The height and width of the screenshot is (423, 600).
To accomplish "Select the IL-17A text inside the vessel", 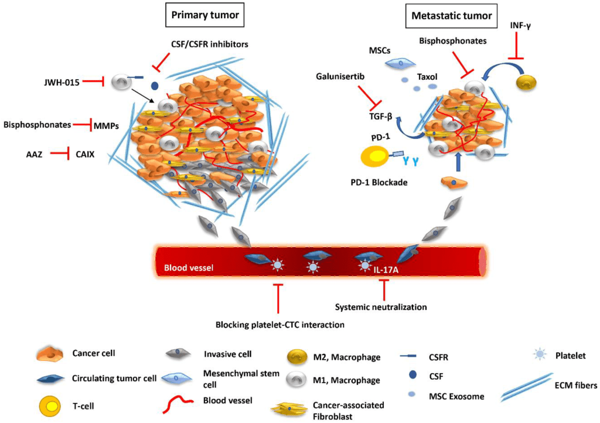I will click(389, 271).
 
